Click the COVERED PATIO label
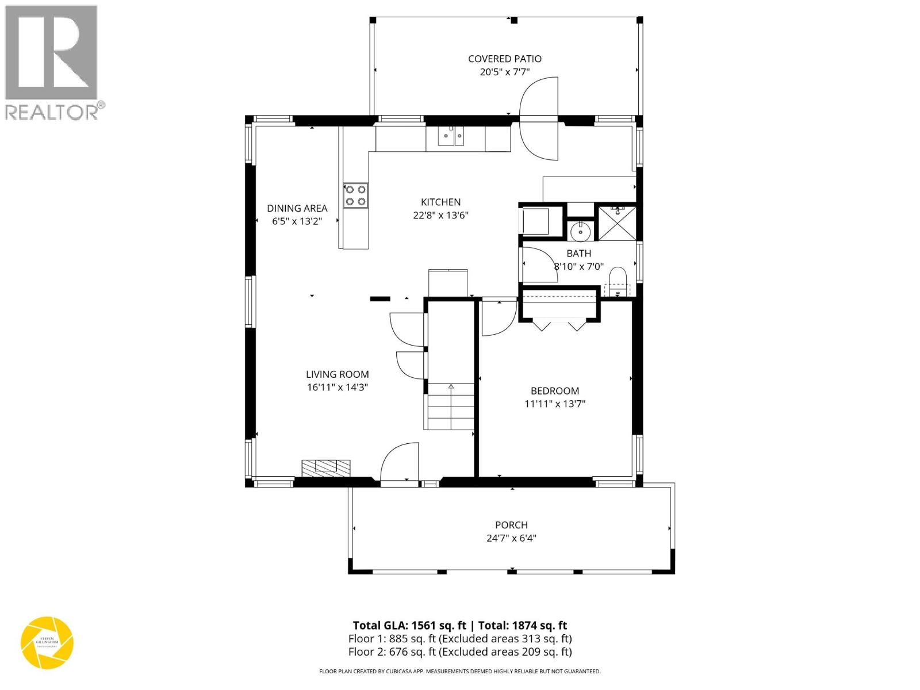[504, 59]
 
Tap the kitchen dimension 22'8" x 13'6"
[440, 216]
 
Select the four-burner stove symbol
[355, 195]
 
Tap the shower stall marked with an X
[617, 223]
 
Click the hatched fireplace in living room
[326, 467]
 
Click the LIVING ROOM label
[337, 374]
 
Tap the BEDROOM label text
[554, 391]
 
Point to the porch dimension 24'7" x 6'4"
[511, 538]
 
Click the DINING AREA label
[297, 208]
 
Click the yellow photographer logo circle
[47, 642]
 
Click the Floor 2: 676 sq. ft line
[459, 651]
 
